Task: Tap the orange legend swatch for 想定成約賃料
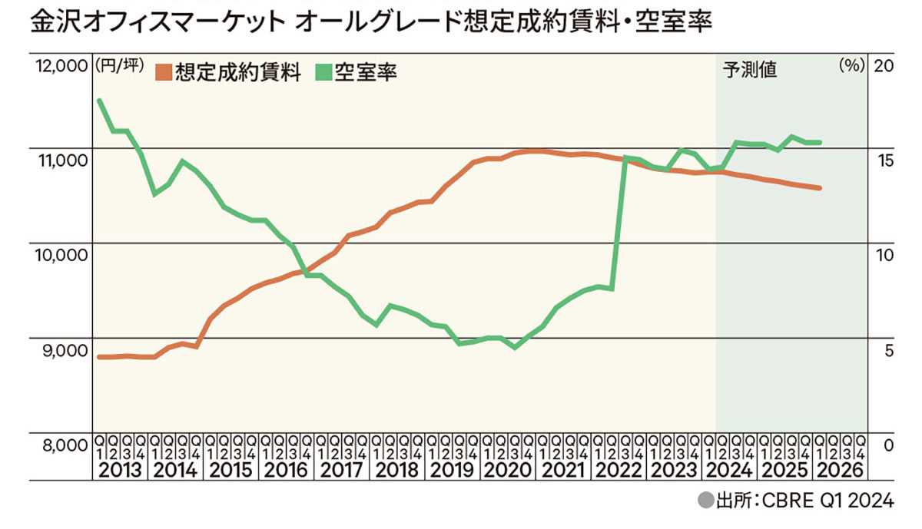(163, 72)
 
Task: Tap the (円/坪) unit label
(118, 66)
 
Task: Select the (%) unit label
(851, 66)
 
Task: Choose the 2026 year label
(842, 471)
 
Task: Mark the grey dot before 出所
(705, 502)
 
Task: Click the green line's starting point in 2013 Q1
(99, 101)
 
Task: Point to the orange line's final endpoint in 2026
(820, 188)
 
